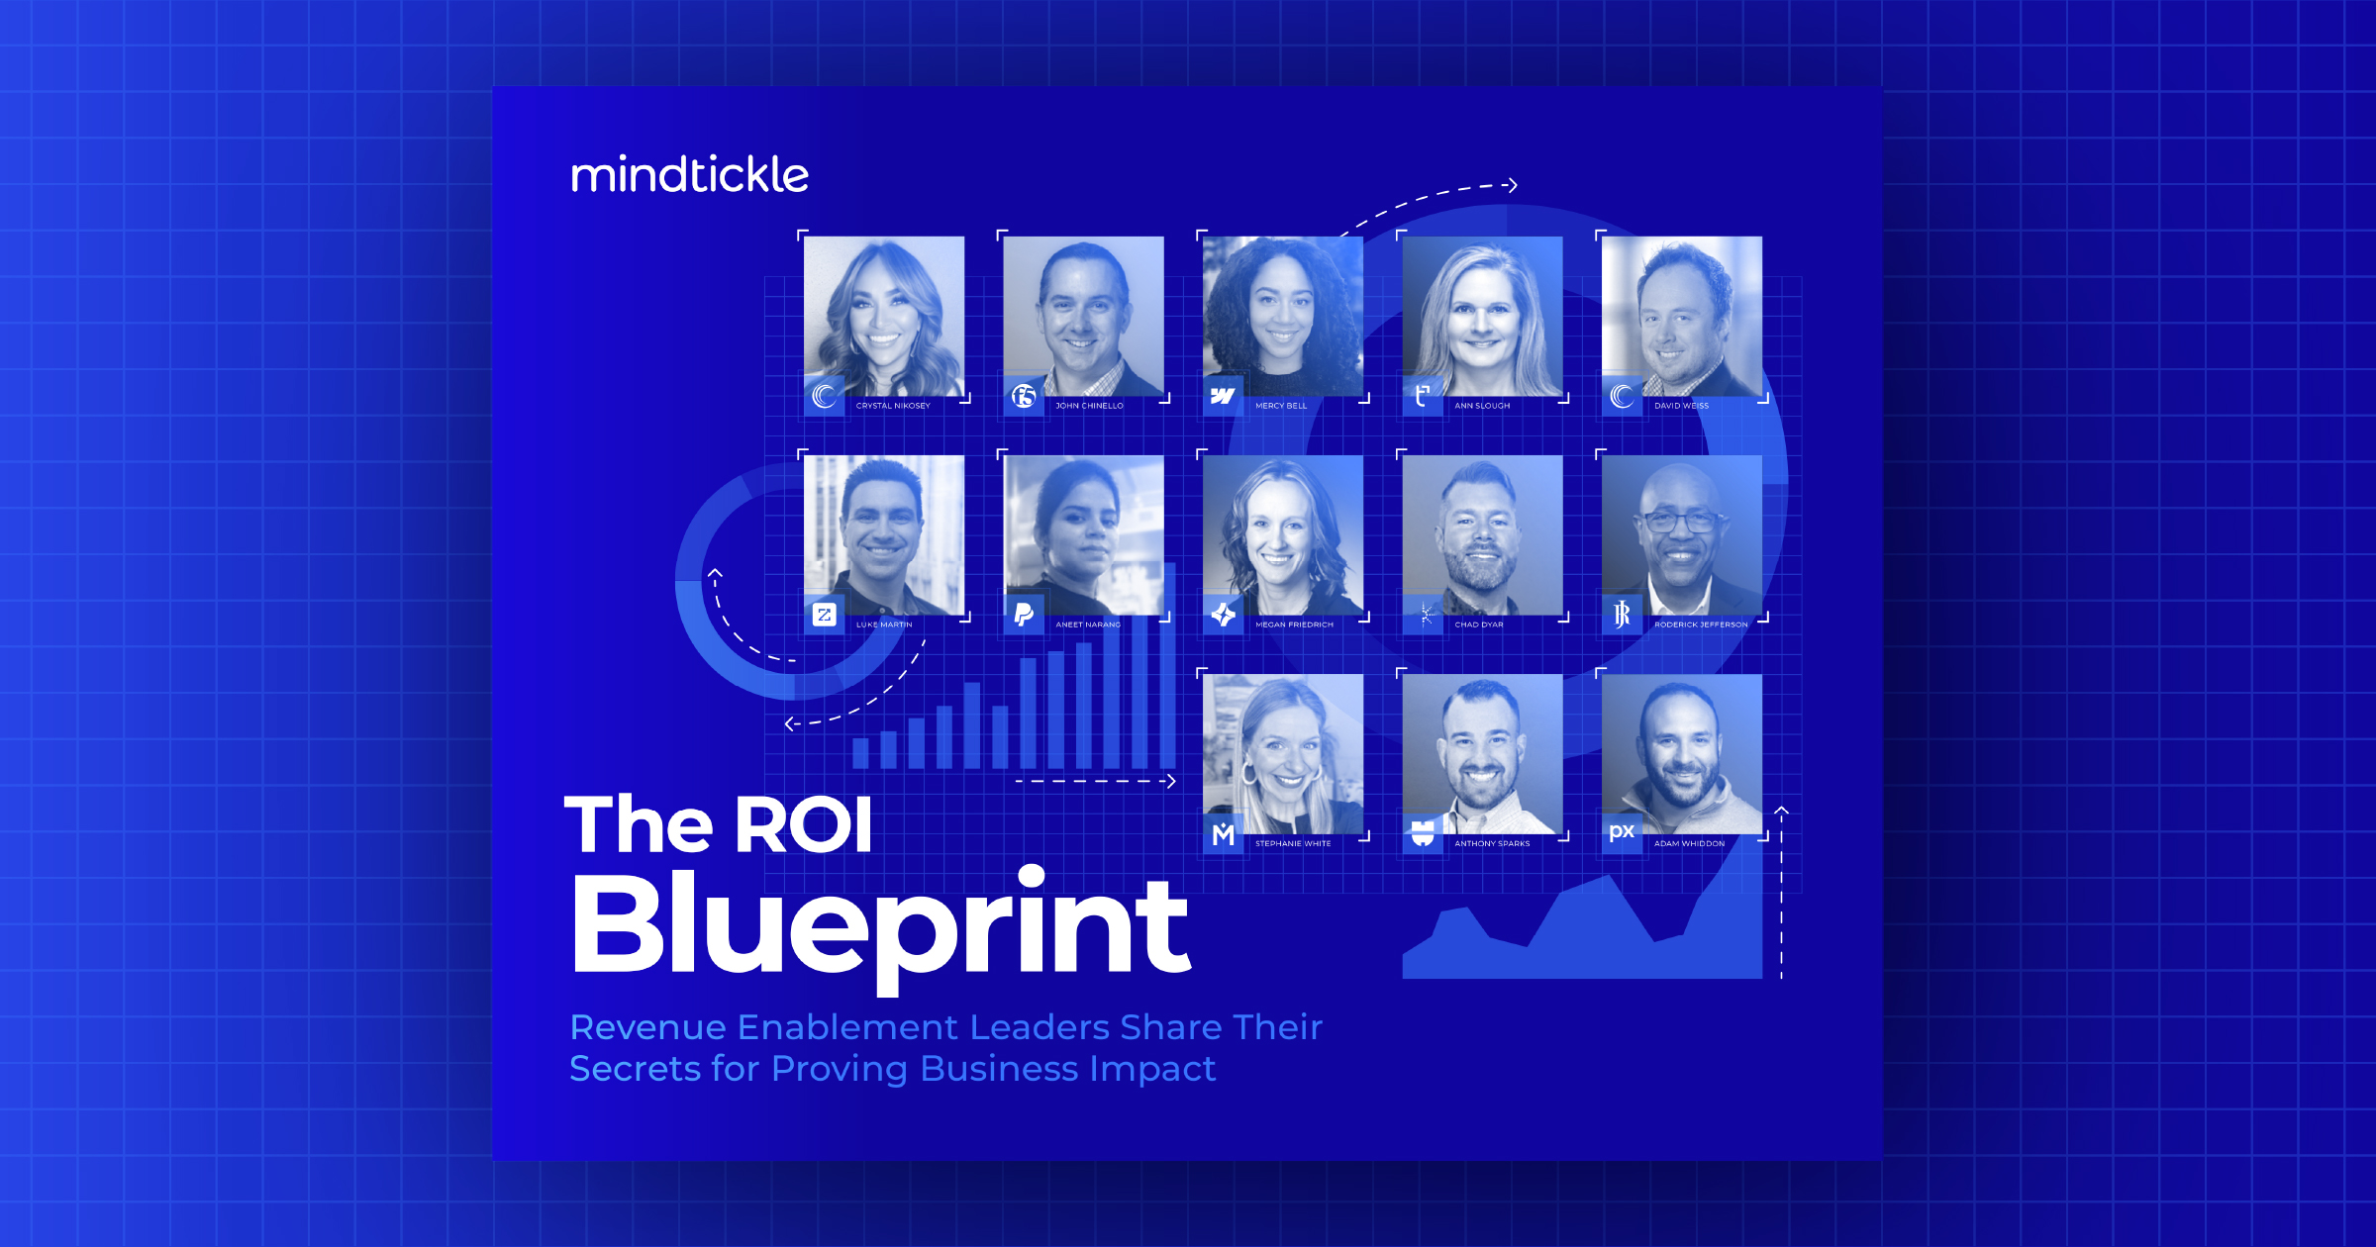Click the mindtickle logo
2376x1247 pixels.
690,174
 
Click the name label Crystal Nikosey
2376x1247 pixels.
893,406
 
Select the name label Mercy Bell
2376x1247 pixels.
1281,406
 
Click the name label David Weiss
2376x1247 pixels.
1681,406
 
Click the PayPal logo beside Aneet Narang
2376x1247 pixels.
1024,616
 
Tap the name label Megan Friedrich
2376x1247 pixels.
1294,624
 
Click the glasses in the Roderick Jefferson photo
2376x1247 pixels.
1680,522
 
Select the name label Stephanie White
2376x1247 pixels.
1293,844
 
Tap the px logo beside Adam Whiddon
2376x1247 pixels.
1622,832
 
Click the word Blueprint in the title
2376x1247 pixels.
880,925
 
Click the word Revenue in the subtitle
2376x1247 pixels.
648,1027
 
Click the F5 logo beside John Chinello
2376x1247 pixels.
1024,397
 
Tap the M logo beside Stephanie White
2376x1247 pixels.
1224,834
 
